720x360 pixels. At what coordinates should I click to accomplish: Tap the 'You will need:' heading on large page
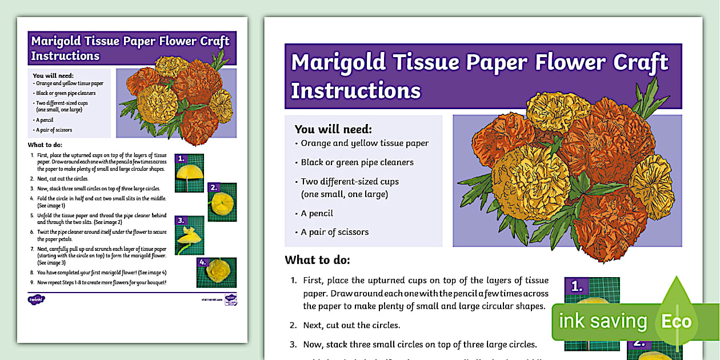(x=333, y=129)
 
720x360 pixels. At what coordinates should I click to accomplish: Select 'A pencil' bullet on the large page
(x=317, y=213)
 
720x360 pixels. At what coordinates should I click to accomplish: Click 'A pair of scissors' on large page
(x=335, y=232)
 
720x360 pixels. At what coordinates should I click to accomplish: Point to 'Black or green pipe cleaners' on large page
(x=357, y=162)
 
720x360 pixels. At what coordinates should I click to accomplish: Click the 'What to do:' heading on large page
(x=317, y=261)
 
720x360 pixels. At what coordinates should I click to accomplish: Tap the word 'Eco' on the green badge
(x=676, y=321)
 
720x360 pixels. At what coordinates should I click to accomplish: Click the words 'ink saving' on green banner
(x=602, y=321)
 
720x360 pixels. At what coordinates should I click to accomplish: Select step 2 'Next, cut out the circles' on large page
(x=351, y=325)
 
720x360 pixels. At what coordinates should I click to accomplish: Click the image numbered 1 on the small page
(x=189, y=173)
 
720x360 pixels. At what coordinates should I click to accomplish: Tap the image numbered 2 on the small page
(x=222, y=202)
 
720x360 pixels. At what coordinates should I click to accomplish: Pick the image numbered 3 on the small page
(x=189, y=235)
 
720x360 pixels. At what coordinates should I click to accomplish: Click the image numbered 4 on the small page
(x=217, y=273)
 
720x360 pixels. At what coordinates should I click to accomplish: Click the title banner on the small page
(x=132, y=49)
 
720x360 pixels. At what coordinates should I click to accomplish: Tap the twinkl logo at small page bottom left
(x=36, y=299)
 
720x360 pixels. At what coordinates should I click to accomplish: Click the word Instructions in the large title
(x=355, y=91)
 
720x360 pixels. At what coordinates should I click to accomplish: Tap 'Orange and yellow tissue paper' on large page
(x=365, y=143)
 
